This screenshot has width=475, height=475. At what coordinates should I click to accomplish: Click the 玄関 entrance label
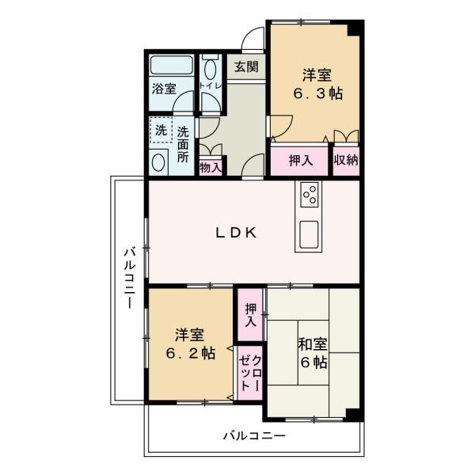pyautogui.click(x=246, y=66)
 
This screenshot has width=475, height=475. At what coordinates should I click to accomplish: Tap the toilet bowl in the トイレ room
pyautogui.click(x=211, y=69)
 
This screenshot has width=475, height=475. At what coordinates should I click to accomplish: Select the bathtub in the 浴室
pyautogui.click(x=172, y=65)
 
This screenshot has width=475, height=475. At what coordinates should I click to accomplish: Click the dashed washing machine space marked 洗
pyautogui.click(x=161, y=130)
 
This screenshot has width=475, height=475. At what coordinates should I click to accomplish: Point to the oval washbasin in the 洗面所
pyautogui.click(x=158, y=162)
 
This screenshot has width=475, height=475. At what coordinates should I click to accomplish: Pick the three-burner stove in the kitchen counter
pyautogui.click(x=310, y=195)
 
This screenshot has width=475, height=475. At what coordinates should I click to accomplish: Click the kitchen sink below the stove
pyautogui.click(x=309, y=234)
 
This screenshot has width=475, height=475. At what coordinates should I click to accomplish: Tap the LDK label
pyautogui.click(x=236, y=233)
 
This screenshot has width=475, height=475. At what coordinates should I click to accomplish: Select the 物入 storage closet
pyautogui.click(x=211, y=166)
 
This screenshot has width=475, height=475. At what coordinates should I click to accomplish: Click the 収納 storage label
pyautogui.click(x=346, y=160)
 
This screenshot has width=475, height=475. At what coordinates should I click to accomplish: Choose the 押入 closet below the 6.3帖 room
pyautogui.click(x=299, y=161)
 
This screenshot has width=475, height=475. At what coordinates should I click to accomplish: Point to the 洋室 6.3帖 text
pyautogui.click(x=317, y=84)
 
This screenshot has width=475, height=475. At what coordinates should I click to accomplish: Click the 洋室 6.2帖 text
pyautogui.click(x=191, y=344)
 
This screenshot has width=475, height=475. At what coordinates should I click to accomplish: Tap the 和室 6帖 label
pyautogui.click(x=313, y=353)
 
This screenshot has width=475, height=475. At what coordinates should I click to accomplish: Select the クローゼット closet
pyautogui.click(x=250, y=373)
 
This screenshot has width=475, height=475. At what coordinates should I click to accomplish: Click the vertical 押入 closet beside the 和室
pyautogui.click(x=250, y=315)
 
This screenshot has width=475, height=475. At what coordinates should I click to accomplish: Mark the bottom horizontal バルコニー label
pyautogui.click(x=254, y=436)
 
